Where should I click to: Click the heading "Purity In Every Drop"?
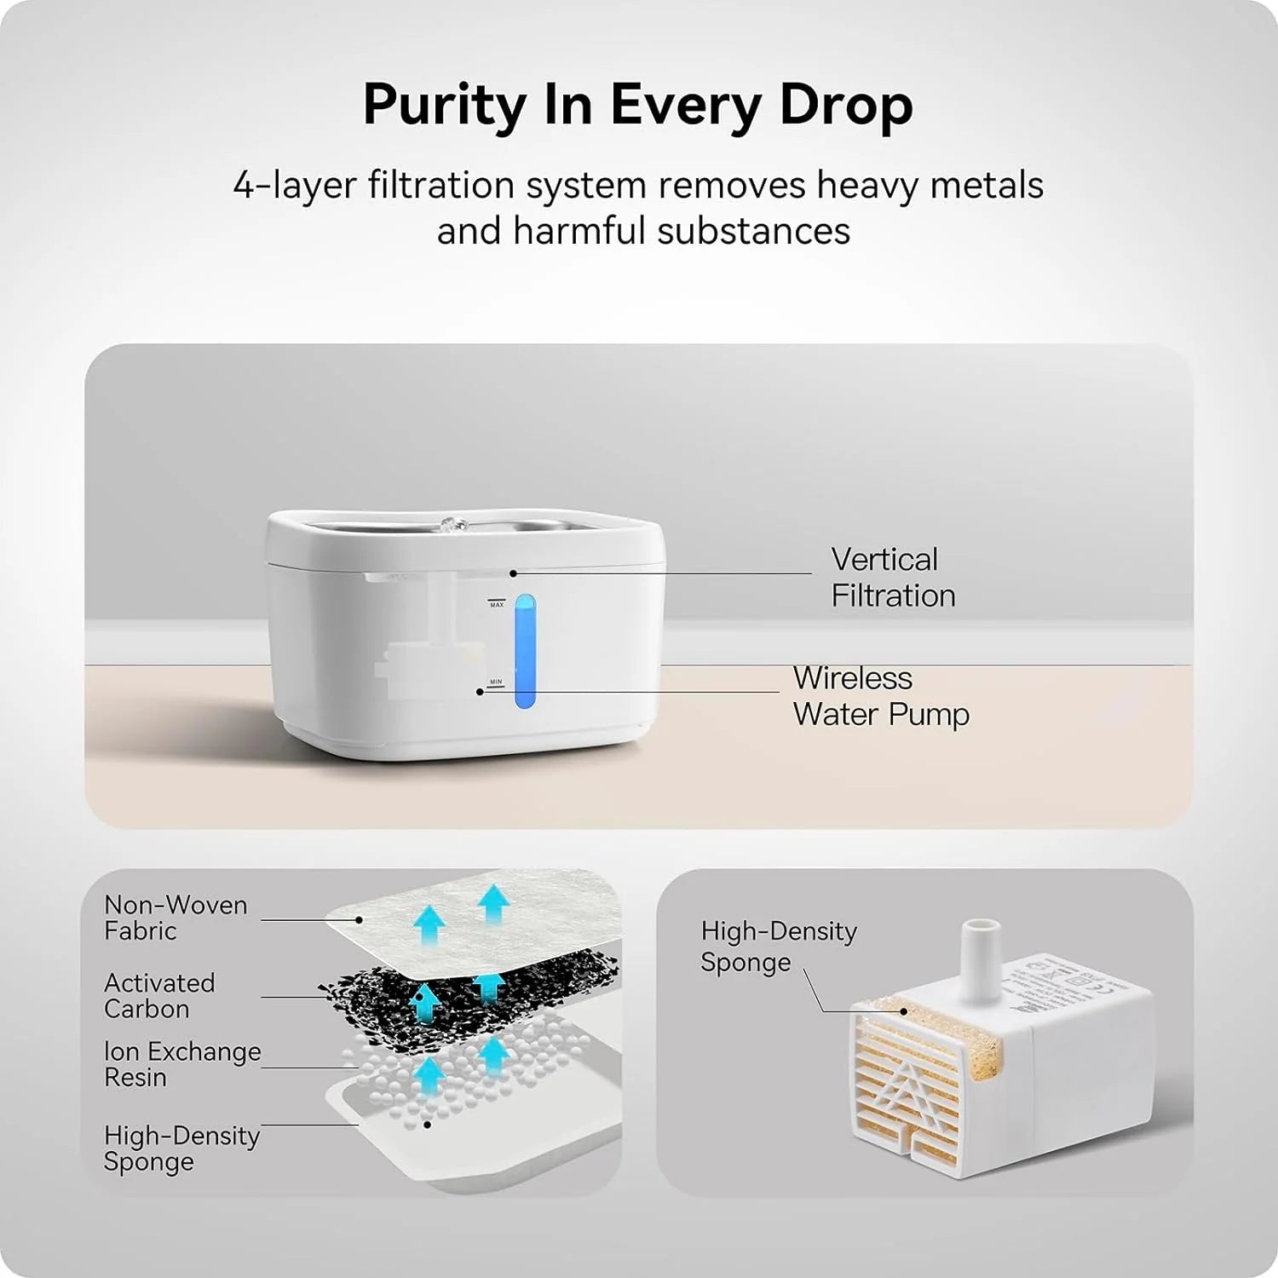(637, 105)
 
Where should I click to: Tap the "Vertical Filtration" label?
(892, 578)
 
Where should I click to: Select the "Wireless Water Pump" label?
(880, 696)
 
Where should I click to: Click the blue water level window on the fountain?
(527, 652)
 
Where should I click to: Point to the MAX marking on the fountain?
(497, 604)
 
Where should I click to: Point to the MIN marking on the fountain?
(496, 682)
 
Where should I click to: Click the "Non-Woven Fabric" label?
(176, 918)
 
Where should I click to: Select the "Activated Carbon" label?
(159, 995)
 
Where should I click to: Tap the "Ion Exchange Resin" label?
(181, 1064)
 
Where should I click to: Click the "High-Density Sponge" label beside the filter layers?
(181, 1148)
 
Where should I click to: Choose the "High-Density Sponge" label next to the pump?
(778, 947)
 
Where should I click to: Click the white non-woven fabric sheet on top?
(477, 920)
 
